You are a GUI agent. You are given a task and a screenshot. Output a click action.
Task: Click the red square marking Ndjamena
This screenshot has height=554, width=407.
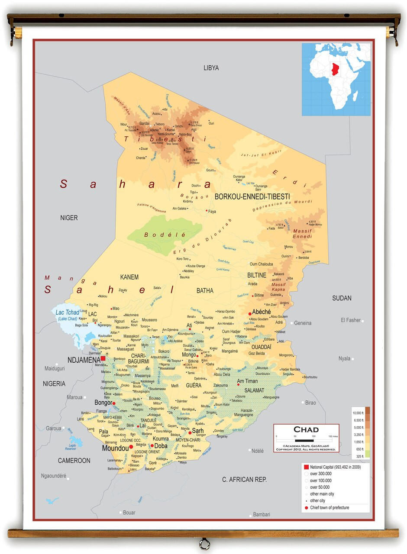[x=103, y=358]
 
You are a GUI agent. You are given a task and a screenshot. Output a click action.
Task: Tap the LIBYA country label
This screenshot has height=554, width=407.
[x=211, y=68]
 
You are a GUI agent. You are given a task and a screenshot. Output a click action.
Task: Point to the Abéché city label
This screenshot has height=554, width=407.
[x=262, y=312]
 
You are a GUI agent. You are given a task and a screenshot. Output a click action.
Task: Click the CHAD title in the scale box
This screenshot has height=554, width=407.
[x=306, y=430]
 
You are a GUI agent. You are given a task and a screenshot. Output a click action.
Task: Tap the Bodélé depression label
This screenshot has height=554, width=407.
[x=165, y=235]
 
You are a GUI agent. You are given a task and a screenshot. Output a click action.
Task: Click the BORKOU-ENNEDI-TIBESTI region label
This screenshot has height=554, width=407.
[x=252, y=196]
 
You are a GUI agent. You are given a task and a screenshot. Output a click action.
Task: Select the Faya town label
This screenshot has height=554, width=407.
[x=212, y=212]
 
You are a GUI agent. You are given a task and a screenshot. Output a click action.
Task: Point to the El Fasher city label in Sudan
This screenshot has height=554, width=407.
[x=350, y=320]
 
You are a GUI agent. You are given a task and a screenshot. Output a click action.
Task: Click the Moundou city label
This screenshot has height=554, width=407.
[x=115, y=448]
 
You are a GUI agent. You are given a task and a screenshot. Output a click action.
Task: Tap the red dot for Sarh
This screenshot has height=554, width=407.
[x=190, y=432]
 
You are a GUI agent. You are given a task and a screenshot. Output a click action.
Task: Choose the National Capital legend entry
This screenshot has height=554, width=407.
[x=335, y=467]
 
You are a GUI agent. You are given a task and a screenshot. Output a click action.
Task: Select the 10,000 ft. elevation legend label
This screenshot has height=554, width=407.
[x=357, y=413]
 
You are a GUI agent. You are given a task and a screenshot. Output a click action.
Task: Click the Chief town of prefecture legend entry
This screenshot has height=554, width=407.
[x=329, y=508]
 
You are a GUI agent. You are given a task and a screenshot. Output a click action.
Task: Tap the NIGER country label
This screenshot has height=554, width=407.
[x=69, y=218]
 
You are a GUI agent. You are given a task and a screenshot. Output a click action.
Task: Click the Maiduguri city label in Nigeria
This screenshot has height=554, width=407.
[x=54, y=369]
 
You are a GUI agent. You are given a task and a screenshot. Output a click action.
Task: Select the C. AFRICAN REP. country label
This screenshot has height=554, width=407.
[x=244, y=479]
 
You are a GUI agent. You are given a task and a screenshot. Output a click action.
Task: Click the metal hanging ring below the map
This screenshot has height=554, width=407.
[x=204, y=544]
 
